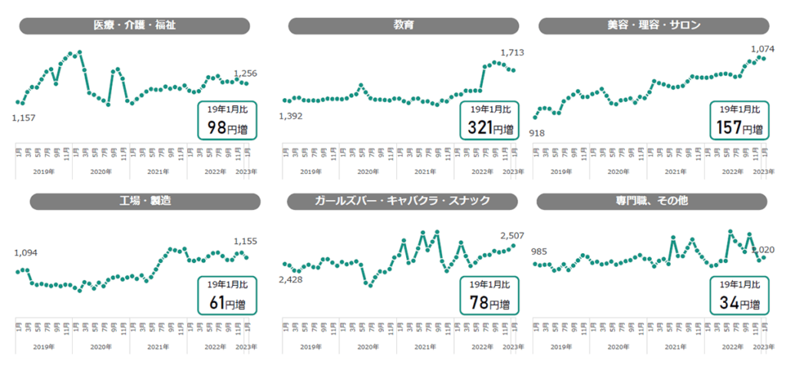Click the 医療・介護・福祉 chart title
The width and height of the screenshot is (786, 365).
pyautogui.click(x=134, y=25)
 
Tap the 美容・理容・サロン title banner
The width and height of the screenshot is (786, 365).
pyautogui.click(x=653, y=25)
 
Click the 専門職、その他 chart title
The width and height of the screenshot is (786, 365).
pyautogui.click(x=653, y=201)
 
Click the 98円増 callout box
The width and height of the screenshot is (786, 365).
pyautogui.click(x=227, y=120)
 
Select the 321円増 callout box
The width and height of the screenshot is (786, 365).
pyautogui.click(x=489, y=120)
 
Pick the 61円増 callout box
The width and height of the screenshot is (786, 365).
pyautogui.click(x=227, y=295)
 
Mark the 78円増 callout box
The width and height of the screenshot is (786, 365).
pyautogui.click(x=489, y=295)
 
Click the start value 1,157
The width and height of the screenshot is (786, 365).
pyautogui.click(x=25, y=118)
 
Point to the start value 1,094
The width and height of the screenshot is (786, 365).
pyautogui.click(x=25, y=252)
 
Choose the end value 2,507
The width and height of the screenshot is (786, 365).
pyautogui.click(x=511, y=235)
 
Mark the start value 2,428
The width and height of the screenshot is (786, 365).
pyautogui.click(x=290, y=281)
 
